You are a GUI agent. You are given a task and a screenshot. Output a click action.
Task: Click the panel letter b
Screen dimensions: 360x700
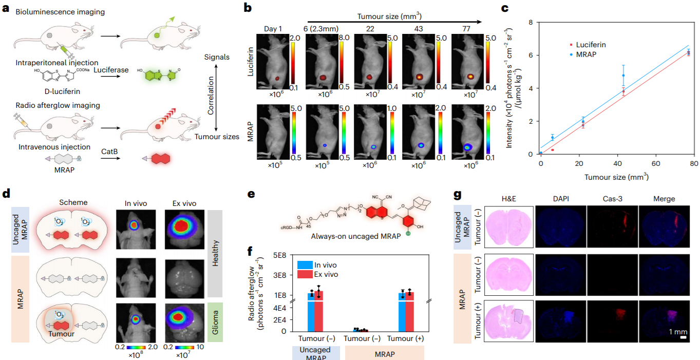pos(248,8)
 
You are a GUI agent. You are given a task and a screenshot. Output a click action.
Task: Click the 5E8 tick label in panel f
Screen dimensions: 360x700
pos(281,255)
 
